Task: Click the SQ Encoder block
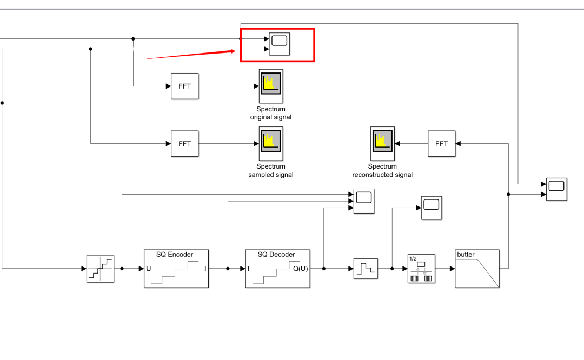point(176,269)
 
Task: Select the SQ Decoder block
point(277,269)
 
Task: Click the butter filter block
point(477,269)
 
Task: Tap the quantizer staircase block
point(101,269)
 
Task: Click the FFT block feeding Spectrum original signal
point(184,86)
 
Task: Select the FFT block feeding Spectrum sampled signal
point(184,144)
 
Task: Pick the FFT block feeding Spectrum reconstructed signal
point(441,144)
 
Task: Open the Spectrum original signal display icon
point(271,86)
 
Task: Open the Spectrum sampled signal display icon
point(271,143)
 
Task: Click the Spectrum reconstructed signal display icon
point(382,143)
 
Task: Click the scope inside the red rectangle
point(279,44)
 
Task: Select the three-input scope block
point(364,201)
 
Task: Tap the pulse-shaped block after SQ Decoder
point(366,268)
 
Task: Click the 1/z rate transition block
point(421,269)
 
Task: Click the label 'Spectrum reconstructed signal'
point(382,171)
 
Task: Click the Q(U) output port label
point(300,269)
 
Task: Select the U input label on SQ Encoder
point(149,269)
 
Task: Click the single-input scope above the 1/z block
point(432,208)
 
